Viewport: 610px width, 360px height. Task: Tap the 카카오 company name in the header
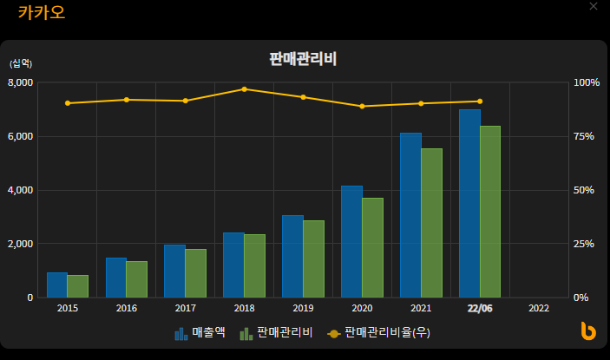coord(41,13)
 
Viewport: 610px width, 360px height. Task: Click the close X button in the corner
coord(594,7)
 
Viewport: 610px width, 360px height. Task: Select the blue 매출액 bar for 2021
coord(410,215)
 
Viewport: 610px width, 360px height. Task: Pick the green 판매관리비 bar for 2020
coord(372,247)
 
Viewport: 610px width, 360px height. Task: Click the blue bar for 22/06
coord(469,204)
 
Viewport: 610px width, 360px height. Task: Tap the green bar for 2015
coord(78,286)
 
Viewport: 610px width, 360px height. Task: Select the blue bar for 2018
coord(233,265)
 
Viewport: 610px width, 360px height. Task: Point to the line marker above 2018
coord(244,89)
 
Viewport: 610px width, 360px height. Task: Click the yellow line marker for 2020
coord(362,106)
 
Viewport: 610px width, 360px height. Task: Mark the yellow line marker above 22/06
coord(480,101)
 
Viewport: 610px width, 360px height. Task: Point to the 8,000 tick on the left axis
coord(20,82)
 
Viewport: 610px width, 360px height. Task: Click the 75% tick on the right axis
coord(586,136)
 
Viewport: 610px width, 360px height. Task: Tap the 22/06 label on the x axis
coord(480,308)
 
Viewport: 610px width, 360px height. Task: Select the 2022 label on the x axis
coord(538,308)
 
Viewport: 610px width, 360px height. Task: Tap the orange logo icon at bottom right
coord(588,331)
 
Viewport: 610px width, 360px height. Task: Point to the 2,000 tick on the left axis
coord(20,244)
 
